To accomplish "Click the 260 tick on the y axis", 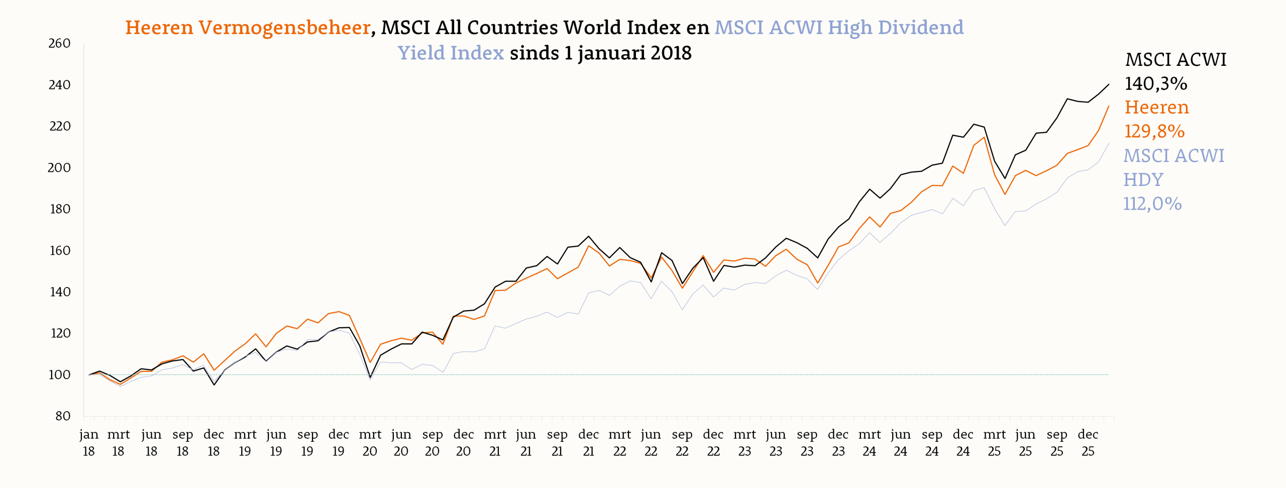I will click(x=59, y=44).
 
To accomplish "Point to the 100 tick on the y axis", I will click(x=59, y=375).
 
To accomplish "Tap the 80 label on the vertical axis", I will click(x=63, y=416).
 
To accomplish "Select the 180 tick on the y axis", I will click(x=59, y=209).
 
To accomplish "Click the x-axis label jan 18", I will click(x=89, y=443).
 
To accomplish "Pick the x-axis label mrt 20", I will click(x=370, y=443).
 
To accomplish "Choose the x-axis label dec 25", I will click(x=1088, y=443).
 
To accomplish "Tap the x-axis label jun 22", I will click(x=651, y=443).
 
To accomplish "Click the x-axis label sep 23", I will click(x=807, y=443).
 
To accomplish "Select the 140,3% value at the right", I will click(x=1156, y=83).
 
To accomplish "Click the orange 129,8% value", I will click(x=1154, y=131).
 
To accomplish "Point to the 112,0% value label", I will click(x=1152, y=204).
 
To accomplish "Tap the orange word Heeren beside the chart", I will click(x=1156, y=108).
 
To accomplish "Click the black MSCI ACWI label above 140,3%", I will click(x=1175, y=60).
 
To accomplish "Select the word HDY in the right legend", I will click(x=1143, y=179).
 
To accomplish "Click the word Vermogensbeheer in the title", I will click(x=284, y=28).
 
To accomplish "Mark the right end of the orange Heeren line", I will click(x=1109, y=106).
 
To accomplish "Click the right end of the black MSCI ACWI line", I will click(x=1109, y=84).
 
